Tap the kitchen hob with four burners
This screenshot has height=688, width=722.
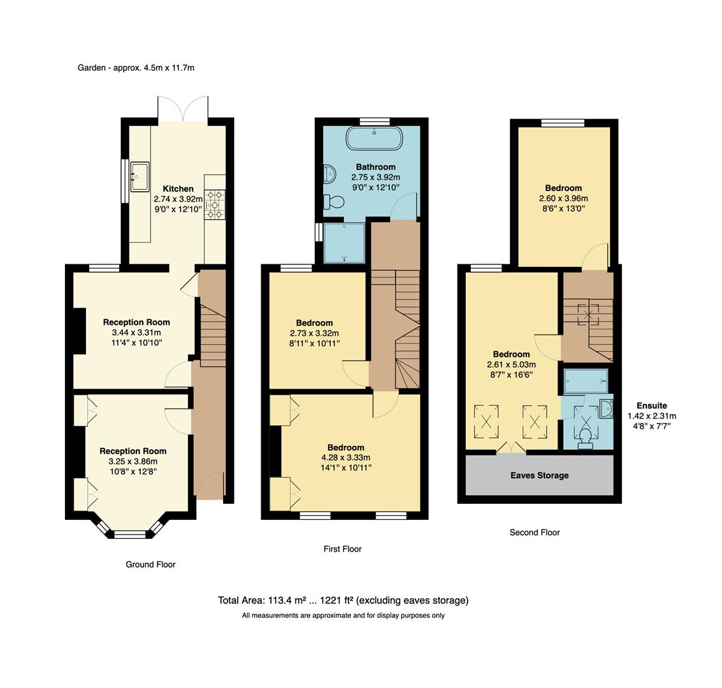215,204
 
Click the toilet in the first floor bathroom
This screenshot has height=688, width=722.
333,202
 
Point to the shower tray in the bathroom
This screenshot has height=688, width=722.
344,242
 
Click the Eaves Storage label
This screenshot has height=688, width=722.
539,475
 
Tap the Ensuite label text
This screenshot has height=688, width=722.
651,405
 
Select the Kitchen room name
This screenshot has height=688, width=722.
178,189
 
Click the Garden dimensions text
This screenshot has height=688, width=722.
136,68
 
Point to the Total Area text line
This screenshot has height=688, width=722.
343,600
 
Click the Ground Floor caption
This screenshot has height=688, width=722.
150,564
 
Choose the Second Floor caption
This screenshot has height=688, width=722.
534,533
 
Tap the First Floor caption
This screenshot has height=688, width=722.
342,548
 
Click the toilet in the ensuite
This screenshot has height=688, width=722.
585,438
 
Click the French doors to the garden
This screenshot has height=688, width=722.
183,108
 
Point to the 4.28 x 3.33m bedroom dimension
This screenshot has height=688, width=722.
346,457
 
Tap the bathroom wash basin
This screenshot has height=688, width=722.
329,173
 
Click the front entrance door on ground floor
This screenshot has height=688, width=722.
210,487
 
